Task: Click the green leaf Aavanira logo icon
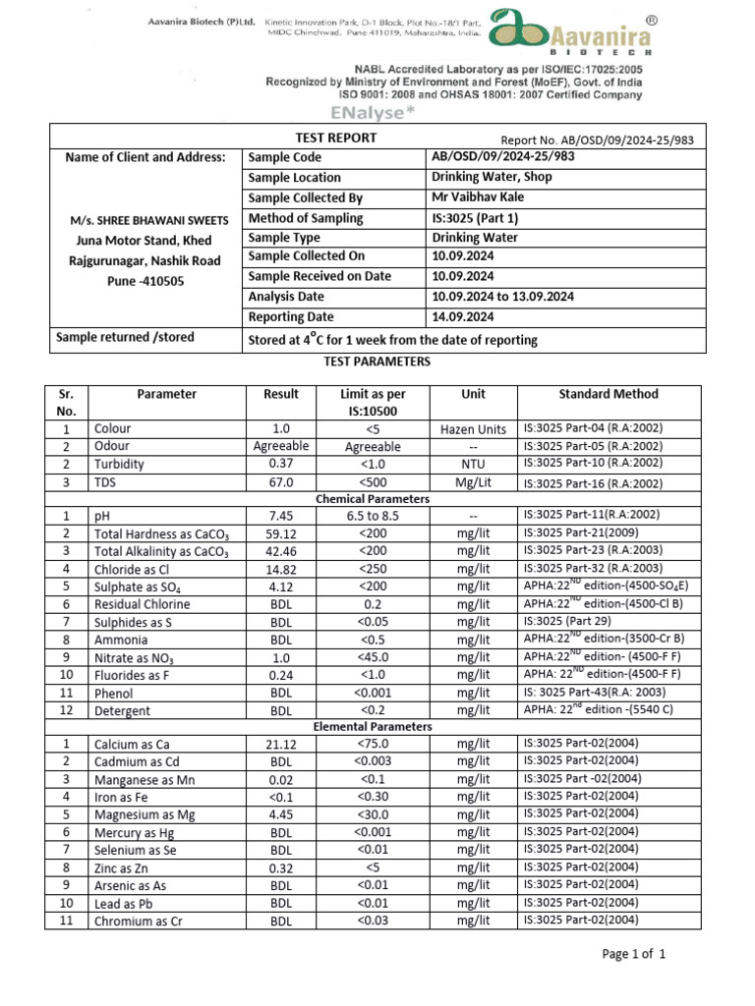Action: click(x=519, y=33)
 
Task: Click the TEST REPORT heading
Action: click(x=336, y=139)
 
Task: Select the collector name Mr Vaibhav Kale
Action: click(x=478, y=197)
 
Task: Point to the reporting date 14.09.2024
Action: click(x=468, y=316)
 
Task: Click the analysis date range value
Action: click(x=503, y=297)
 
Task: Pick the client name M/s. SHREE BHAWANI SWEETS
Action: click(x=144, y=220)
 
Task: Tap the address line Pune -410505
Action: click(x=144, y=281)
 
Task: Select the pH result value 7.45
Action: click(x=281, y=515)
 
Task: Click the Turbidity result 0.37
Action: click(x=281, y=464)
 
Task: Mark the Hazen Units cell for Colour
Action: click(x=473, y=429)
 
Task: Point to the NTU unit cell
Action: click(x=473, y=464)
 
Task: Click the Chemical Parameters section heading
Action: click(x=373, y=499)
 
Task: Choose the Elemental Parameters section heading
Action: click(x=373, y=727)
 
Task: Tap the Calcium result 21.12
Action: click(x=281, y=744)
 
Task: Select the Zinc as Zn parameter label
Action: click(x=133, y=867)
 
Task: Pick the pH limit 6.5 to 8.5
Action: click(x=373, y=515)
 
